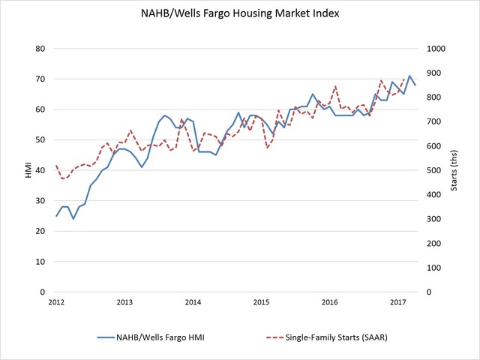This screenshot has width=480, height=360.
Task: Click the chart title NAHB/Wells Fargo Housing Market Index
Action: [239, 14]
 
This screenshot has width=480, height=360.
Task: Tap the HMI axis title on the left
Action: [28, 170]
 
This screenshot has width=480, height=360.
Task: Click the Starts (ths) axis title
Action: [455, 170]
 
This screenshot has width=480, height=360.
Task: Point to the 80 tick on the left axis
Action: [41, 49]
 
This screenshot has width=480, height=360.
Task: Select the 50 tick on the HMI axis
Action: [41, 140]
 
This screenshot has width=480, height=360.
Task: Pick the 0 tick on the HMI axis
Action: [43, 292]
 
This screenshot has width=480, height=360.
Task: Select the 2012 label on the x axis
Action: [56, 302]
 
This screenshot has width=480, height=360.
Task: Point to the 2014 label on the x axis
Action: [193, 302]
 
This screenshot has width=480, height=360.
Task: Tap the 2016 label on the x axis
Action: [329, 302]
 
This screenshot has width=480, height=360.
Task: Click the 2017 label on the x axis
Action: [397, 302]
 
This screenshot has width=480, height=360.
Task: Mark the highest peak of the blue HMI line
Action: [409, 76]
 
